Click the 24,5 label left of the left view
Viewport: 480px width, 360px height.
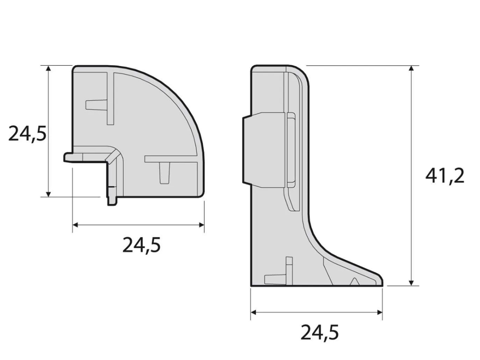tap(27, 134)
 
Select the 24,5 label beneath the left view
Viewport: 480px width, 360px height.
tap(141, 244)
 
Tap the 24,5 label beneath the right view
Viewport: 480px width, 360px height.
tap(320, 332)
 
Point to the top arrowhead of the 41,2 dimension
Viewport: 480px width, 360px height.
tap(411, 68)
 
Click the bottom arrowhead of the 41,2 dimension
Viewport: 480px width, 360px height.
tap(411, 283)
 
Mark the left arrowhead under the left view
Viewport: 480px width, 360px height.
tap(75, 225)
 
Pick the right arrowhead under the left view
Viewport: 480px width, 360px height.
tap(202, 225)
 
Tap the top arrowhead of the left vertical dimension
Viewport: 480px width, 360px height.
tap(48, 68)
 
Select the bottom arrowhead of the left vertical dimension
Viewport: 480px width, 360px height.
tap(48, 194)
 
